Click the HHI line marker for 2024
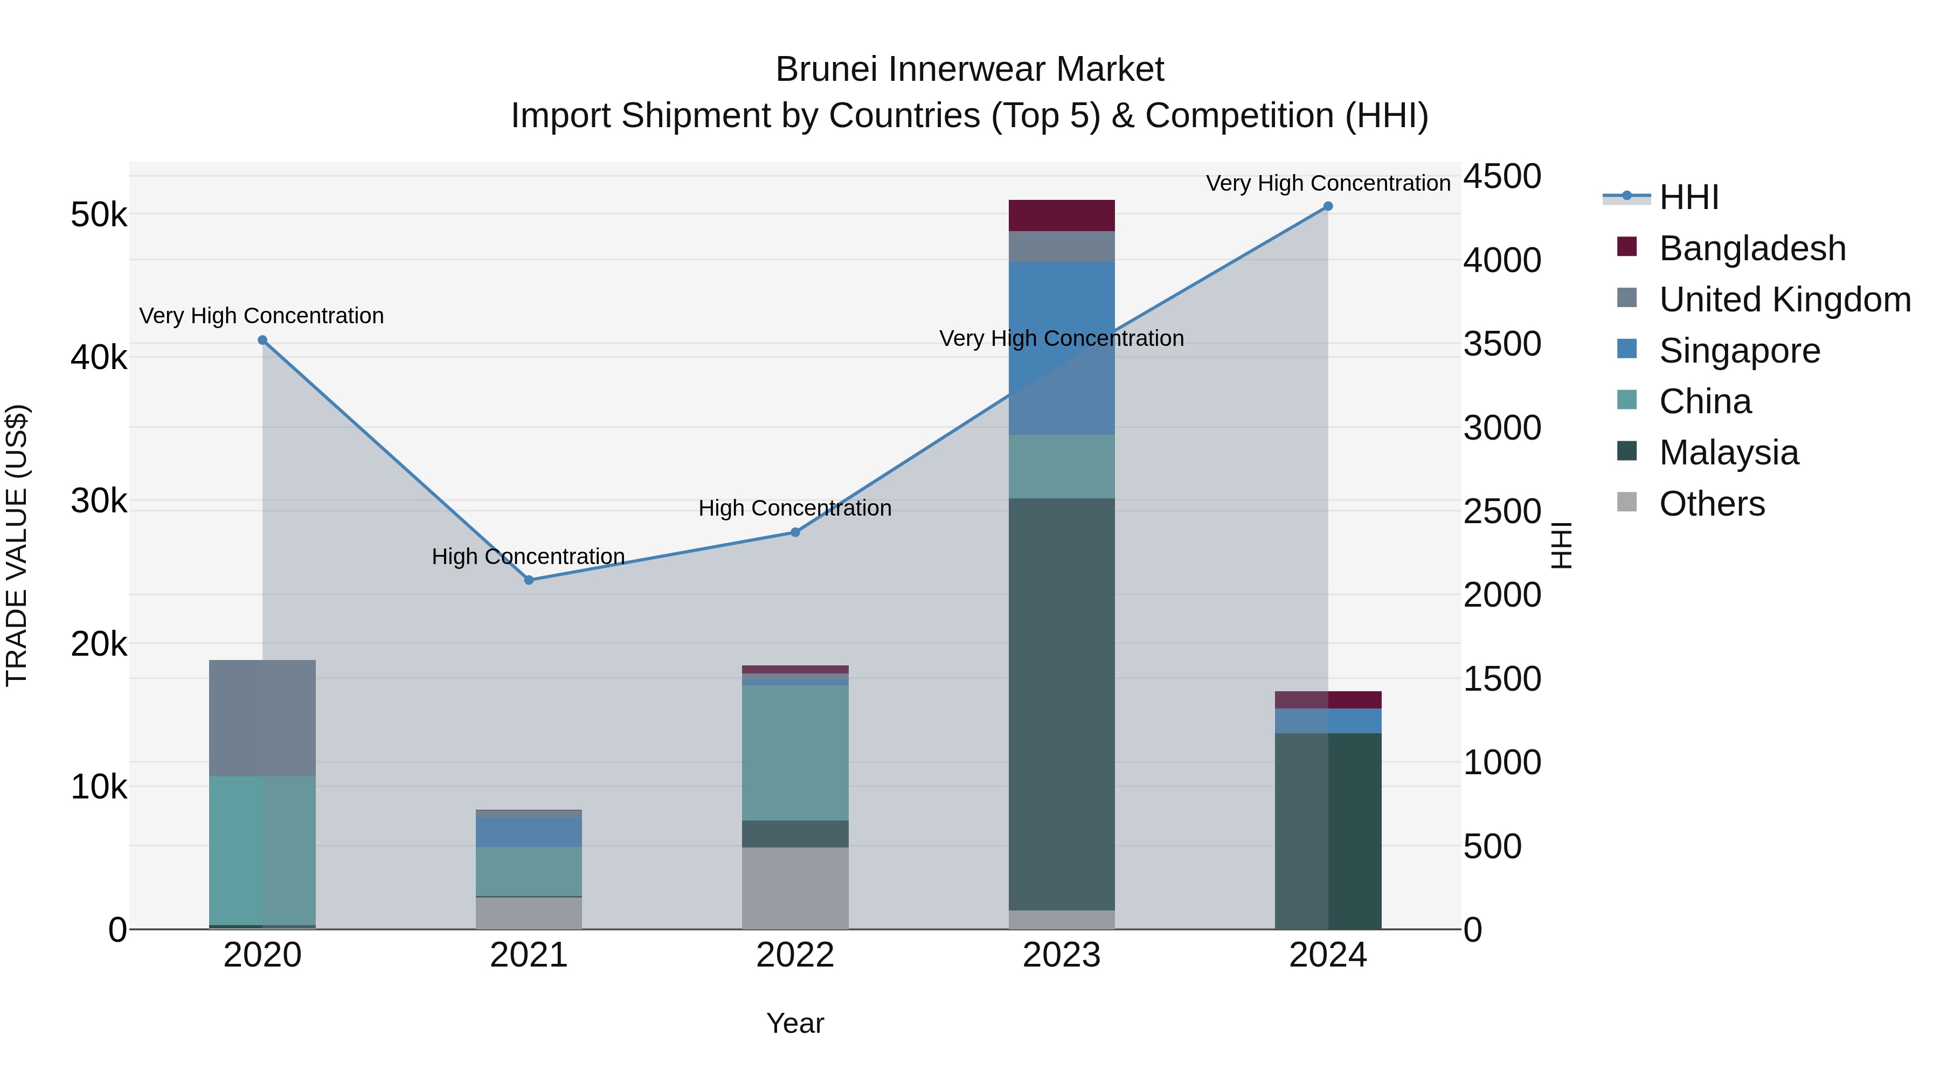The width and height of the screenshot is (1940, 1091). pyautogui.click(x=1328, y=206)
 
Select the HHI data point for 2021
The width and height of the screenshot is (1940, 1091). pyautogui.click(x=529, y=580)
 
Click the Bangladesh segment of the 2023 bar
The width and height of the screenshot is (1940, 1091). pyautogui.click(x=1061, y=216)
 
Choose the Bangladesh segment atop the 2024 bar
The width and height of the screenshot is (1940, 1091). pyautogui.click(x=1328, y=699)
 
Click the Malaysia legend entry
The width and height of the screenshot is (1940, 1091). pyautogui.click(x=1728, y=453)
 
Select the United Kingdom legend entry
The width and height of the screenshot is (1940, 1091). pyautogui.click(x=1784, y=300)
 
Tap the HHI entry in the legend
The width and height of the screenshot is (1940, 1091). pyautogui.click(x=1688, y=197)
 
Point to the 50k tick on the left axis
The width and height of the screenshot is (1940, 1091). pyautogui.click(x=99, y=216)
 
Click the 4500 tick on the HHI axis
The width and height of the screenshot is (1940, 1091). pyautogui.click(x=1502, y=177)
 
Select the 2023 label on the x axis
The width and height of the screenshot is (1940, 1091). pyautogui.click(x=1061, y=955)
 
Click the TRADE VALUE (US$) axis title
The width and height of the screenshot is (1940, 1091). pyautogui.click(x=17, y=545)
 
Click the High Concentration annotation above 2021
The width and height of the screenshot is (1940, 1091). pyautogui.click(x=528, y=557)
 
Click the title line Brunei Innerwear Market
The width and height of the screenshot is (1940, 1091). pyautogui.click(x=969, y=70)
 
